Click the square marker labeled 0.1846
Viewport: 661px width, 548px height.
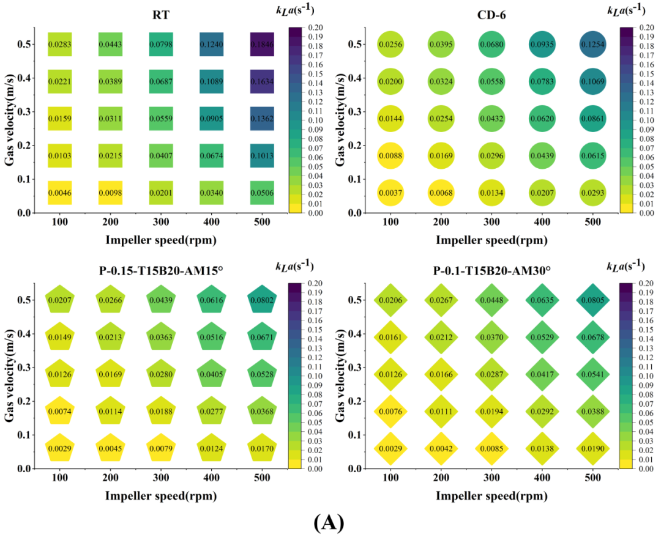coord(261,44)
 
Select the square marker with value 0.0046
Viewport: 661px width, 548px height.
coord(60,193)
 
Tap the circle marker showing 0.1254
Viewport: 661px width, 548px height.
coord(593,44)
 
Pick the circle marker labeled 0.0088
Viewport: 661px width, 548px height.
coord(390,156)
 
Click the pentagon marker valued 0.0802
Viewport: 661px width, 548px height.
coord(261,300)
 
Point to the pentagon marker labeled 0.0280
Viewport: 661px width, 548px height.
coord(161,374)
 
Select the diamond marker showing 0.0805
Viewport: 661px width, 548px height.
coord(593,300)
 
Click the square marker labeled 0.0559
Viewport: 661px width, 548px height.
coord(161,119)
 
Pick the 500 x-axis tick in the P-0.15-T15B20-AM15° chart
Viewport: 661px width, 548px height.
coord(261,478)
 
